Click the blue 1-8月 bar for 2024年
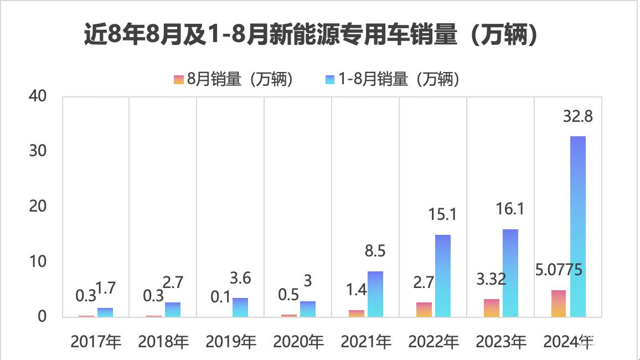578,227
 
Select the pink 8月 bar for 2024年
558,304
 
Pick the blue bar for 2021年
375,294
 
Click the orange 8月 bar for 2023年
492,308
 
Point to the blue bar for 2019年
240,307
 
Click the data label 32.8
578,117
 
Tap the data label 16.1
510,209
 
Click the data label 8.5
376,252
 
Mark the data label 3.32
491,279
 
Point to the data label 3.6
240,278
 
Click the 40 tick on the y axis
39,96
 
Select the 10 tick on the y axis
39,261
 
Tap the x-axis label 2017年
96,342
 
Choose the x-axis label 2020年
298,342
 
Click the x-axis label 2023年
501,342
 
